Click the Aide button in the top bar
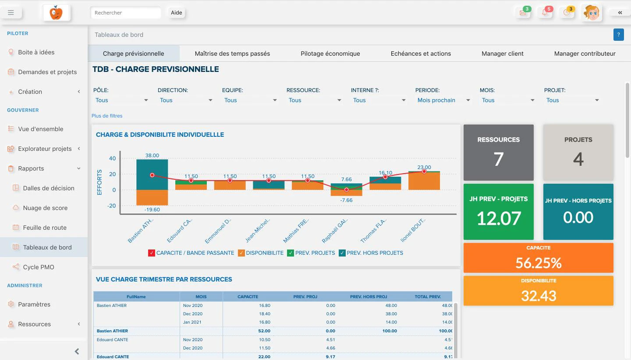tap(176, 13)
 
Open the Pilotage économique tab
tap(330, 53)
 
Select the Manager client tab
tap(502, 53)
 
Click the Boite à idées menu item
tap(36, 52)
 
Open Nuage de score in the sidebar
tap(45, 208)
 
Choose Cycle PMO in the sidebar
tap(38, 267)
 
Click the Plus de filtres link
tap(107, 116)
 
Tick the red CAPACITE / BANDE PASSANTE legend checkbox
tap(152, 253)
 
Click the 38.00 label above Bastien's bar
tap(152, 155)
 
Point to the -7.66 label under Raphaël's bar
tap(346, 200)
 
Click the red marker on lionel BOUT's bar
tap(424, 171)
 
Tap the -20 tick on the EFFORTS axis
tap(112, 206)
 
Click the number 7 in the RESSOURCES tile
tap(498, 159)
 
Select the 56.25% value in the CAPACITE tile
tap(538, 263)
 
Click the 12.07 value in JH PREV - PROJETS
tap(498, 218)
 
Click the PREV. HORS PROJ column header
tap(369, 296)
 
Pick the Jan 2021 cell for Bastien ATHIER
tap(192, 322)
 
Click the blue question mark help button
tap(618, 35)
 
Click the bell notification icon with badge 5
tap(545, 13)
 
